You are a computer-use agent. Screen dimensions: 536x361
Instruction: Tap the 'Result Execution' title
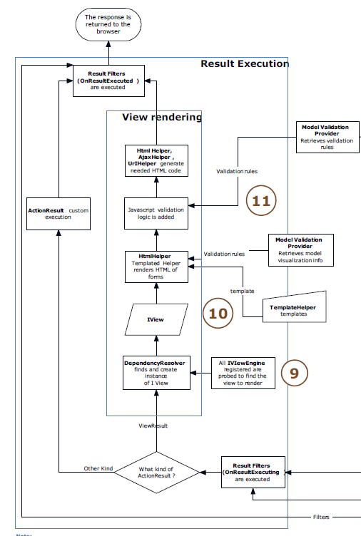pos(244,64)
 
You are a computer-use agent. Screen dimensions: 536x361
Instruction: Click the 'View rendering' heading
pos(161,117)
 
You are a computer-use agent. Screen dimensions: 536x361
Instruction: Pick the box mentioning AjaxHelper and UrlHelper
pos(161,160)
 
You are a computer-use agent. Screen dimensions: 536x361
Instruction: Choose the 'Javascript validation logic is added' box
pos(156,212)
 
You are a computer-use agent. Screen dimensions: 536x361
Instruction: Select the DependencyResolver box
pos(156,373)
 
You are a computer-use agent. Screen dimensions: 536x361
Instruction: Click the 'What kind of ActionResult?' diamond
pos(156,472)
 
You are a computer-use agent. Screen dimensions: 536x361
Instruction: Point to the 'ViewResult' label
pos(153,425)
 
